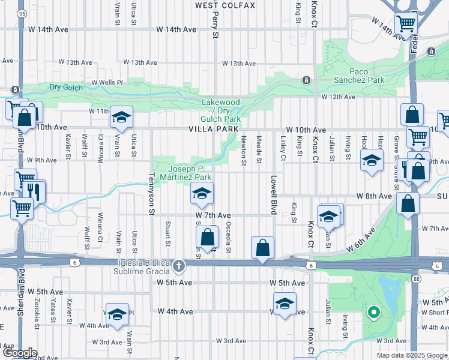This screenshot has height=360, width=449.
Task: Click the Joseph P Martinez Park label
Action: pos(190,173)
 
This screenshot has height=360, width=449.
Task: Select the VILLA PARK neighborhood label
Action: pos(213,129)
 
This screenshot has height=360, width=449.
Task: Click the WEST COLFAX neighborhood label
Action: pos(225,5)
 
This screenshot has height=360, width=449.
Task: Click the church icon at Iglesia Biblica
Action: pos(178,265)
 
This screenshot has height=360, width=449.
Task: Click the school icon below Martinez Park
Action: pos(202,193)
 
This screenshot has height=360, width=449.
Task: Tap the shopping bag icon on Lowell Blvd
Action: pos(262,247)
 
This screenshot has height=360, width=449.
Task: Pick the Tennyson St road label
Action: pos(152,192)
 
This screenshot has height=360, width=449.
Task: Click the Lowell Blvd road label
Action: pos(273,195)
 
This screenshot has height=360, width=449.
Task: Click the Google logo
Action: pos(20,353)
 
